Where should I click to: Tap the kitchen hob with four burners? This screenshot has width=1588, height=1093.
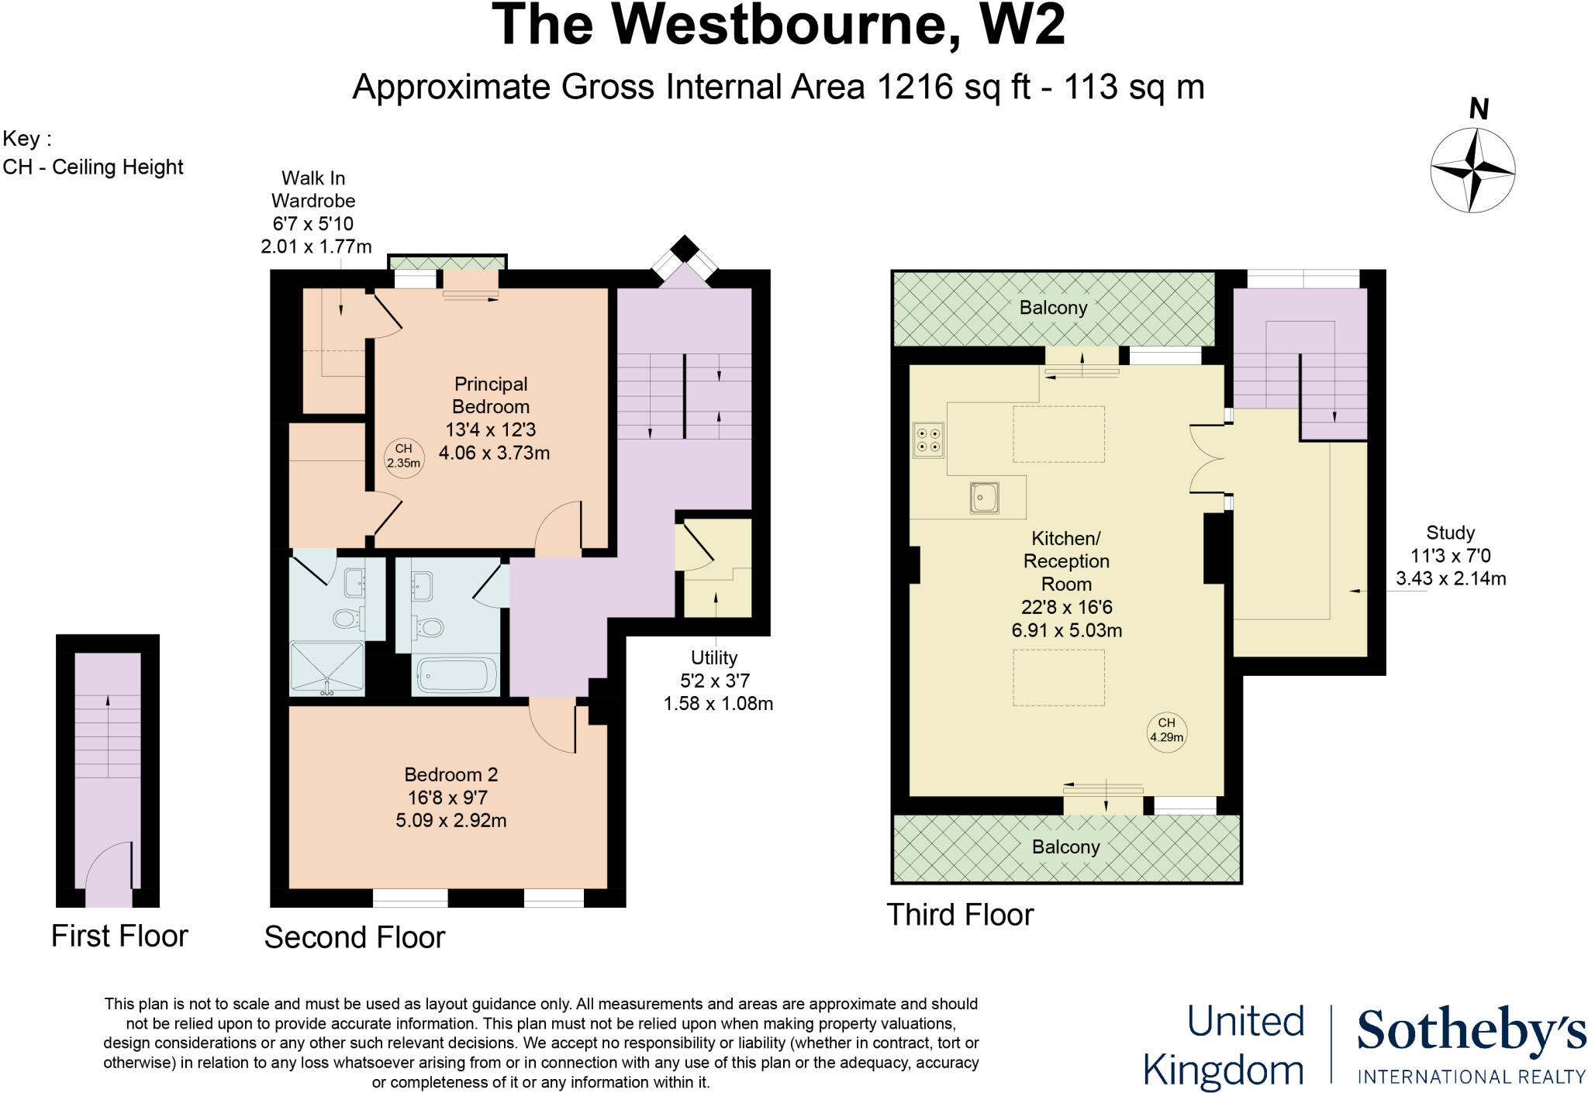(928, 440)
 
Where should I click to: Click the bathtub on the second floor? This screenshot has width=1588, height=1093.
(456, 674)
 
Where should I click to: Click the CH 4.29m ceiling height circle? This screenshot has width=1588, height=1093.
(1166, 730)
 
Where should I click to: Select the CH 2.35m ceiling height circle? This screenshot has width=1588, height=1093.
(403, 456)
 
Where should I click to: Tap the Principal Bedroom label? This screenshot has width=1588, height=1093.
(491, 395)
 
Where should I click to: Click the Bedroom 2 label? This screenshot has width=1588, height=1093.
(451, 774)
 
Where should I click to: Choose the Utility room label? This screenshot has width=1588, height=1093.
(713, 658)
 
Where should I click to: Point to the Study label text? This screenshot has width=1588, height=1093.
(1450, 533)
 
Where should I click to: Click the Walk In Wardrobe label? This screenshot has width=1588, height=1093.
(313, 189)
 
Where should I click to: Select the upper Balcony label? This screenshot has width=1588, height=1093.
(1053, 308)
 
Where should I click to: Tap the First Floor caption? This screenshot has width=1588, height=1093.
(119, 936)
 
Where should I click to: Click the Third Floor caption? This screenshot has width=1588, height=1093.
(960, 915)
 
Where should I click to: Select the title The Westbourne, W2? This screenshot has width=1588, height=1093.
(778, 26)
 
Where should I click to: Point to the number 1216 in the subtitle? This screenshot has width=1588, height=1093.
(915, 87)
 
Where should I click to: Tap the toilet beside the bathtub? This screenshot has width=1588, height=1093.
(429, 625)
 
